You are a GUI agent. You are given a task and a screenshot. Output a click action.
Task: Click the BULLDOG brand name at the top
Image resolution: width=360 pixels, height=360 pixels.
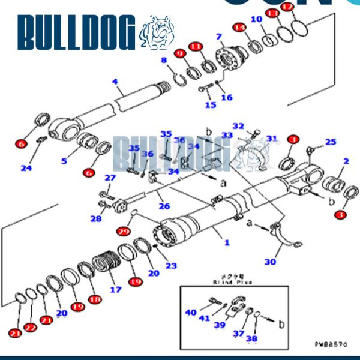(x=77, y=33)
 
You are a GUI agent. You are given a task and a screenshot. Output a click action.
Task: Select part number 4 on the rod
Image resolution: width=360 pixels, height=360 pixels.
(x=115, y=82)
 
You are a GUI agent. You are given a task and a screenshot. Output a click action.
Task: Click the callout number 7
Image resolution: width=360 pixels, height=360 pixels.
(x=219, y=37)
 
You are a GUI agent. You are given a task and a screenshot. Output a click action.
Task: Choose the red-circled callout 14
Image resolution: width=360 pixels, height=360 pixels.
(x=239, y=28)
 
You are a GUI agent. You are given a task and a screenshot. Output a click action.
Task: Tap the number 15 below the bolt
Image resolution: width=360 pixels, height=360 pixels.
(x=211, y=105)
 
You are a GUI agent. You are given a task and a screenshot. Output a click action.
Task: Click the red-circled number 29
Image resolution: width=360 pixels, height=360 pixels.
(x=124, y=231)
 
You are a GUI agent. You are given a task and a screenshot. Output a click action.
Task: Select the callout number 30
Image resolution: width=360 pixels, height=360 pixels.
(x=271, y=261)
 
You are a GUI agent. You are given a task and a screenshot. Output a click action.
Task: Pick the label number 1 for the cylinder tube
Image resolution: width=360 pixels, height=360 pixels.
(x=226, y=243)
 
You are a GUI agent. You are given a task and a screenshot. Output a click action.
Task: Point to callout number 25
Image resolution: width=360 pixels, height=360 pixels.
(x=331, y=142)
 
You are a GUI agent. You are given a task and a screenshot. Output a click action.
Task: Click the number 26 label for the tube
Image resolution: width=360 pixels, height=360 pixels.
(x=164, y=206)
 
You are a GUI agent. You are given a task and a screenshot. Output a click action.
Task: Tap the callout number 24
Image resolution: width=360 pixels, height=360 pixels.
(x=26, y=168)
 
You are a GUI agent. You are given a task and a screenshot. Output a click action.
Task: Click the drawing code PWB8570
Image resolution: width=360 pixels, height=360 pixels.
(x=330, y=344)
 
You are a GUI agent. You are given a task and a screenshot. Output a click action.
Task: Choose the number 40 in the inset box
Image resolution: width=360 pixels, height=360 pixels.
(x=191, y=312)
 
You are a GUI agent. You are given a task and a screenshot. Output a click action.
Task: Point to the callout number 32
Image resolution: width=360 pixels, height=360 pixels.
(x=238, y=126)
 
